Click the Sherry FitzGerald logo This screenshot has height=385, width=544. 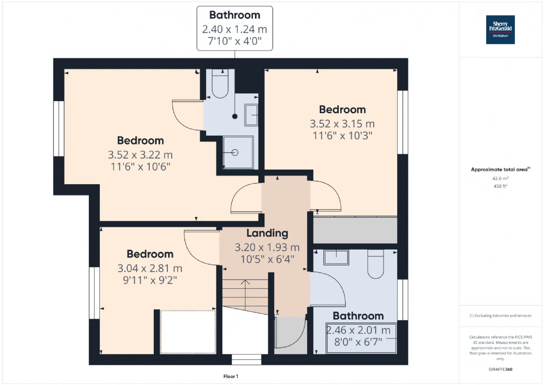tap(500, 30)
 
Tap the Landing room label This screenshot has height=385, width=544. tap(267, 233)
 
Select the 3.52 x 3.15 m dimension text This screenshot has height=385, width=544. tap(342, 124)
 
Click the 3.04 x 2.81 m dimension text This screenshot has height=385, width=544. tap(150, 268)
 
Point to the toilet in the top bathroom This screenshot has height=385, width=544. tap(220, 83)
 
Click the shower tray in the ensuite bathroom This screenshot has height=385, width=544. tap(238, 152)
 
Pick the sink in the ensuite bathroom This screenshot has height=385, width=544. tap(251, 115)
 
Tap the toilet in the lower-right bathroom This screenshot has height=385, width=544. tap(375, 264)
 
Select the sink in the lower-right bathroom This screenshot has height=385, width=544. tap(336, 257)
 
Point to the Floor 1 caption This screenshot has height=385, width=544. tap(231, 376)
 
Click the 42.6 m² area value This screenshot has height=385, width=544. tap(500, 178)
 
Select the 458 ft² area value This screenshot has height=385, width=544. tap(500, 186)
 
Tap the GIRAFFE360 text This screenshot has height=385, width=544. tap(500, 369)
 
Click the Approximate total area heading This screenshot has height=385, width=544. tap(501, 169)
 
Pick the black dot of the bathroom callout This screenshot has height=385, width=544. tap(235, 117)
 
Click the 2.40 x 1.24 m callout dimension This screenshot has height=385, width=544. tap(235, 29)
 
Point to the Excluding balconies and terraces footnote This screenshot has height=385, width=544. tap(500, 316)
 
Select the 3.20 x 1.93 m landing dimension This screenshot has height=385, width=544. tap(267, 247)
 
